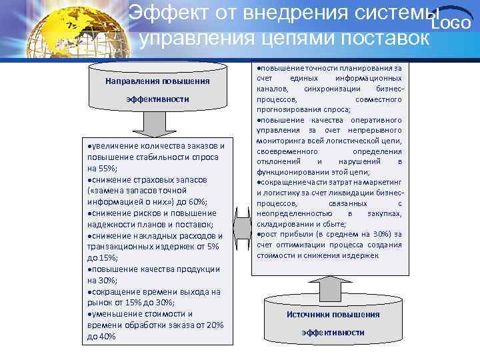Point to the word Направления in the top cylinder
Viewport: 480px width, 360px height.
click(130, 81)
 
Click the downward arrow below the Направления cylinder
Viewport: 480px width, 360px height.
click(157, 122)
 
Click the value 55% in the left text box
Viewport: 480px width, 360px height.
click(101, 168)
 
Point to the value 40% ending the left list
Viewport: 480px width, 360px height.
click(107, 337)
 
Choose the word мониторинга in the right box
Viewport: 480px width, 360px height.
click(282, 141)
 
